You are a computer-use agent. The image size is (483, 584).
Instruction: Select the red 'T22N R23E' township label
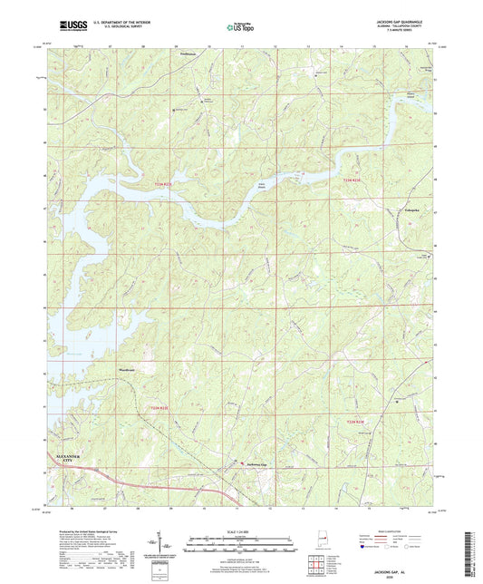pos(360,421)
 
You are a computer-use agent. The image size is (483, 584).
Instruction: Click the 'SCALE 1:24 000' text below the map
pos(241,530)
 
